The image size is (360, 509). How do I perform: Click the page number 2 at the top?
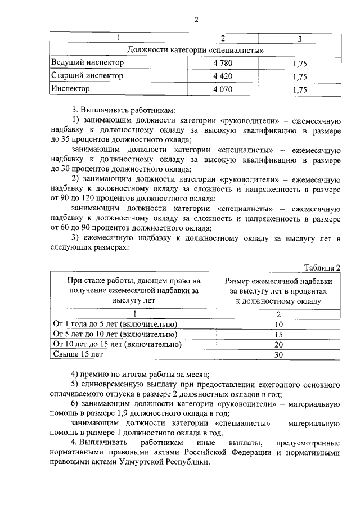pos(196,21)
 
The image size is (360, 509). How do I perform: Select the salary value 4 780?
pos(223,63)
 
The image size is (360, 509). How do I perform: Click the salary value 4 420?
pos(223,76)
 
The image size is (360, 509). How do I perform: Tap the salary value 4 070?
pos(223,89)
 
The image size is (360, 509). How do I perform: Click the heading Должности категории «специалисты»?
pos(196,50)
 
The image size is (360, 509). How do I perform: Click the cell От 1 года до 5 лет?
pos(115,325)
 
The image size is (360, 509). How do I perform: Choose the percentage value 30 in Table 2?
pos(278,355)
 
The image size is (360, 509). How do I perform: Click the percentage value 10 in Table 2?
pos(278,325)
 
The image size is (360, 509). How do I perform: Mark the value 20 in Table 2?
pos(278,345)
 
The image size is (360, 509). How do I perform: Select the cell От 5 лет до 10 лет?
pos(115,335)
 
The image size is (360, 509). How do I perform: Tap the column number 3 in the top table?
pos(299,38)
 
